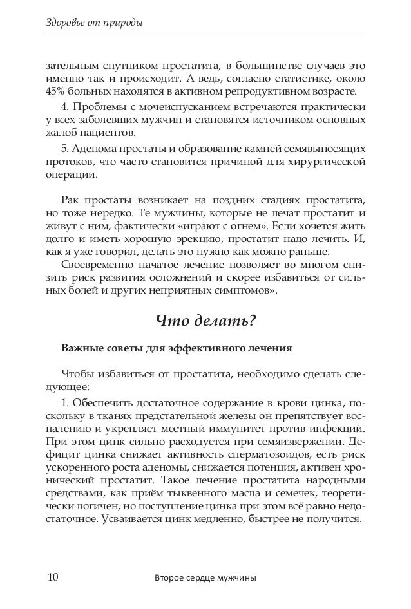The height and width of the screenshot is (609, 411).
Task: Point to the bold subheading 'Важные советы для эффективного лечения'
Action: pos(177,348)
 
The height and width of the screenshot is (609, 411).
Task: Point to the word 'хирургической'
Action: pos(330,161)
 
